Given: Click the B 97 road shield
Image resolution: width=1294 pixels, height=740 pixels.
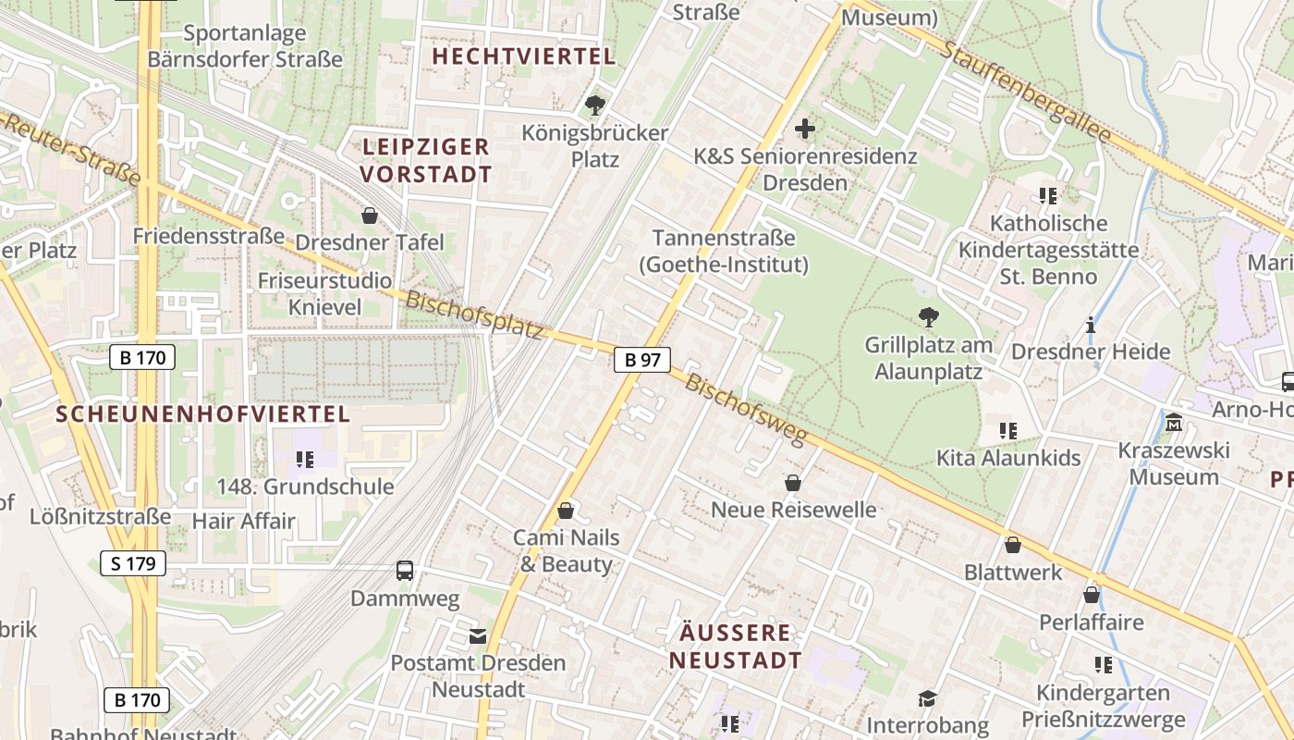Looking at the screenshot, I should pos(642,360).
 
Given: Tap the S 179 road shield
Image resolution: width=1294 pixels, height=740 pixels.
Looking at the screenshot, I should pos(132,562).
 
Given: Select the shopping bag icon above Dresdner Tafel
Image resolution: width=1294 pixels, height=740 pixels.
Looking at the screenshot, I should pos(370,216).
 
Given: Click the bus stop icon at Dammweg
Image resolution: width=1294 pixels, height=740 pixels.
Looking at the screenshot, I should pos(405,571).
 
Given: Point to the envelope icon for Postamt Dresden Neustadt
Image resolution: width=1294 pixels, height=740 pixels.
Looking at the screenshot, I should pos(478,635).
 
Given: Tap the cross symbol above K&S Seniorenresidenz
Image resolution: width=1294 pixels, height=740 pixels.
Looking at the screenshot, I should pos(805,129).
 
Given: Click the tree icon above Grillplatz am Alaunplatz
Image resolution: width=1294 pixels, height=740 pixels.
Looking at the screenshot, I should pos(928,317).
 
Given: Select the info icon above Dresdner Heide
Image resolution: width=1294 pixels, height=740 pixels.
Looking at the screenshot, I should pos(1091,325).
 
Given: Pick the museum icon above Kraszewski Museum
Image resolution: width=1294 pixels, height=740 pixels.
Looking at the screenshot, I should pos(1174,423).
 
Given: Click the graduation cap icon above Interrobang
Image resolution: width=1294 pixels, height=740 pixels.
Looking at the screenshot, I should pos(927,698).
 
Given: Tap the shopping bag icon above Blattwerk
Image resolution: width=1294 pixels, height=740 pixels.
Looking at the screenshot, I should pos(1013,545).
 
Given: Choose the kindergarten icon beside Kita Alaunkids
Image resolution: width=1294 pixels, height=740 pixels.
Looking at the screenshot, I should pos(1008,430).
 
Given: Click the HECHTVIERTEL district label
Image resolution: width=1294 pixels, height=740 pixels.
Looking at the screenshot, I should pos(524,56).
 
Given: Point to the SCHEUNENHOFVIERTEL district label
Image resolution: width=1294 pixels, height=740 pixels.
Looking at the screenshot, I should pos(203,413).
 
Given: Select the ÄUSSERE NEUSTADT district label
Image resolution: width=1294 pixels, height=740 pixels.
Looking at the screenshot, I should pos(736,647).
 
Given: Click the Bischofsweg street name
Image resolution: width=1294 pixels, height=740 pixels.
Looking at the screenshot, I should pos(745,409).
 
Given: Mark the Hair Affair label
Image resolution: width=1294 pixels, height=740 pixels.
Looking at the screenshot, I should pos(243,521).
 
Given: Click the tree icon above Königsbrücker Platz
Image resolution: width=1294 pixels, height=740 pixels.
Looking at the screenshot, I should pos(594,105).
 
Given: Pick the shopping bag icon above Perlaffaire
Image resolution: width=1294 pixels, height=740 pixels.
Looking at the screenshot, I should pos(1092,595).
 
